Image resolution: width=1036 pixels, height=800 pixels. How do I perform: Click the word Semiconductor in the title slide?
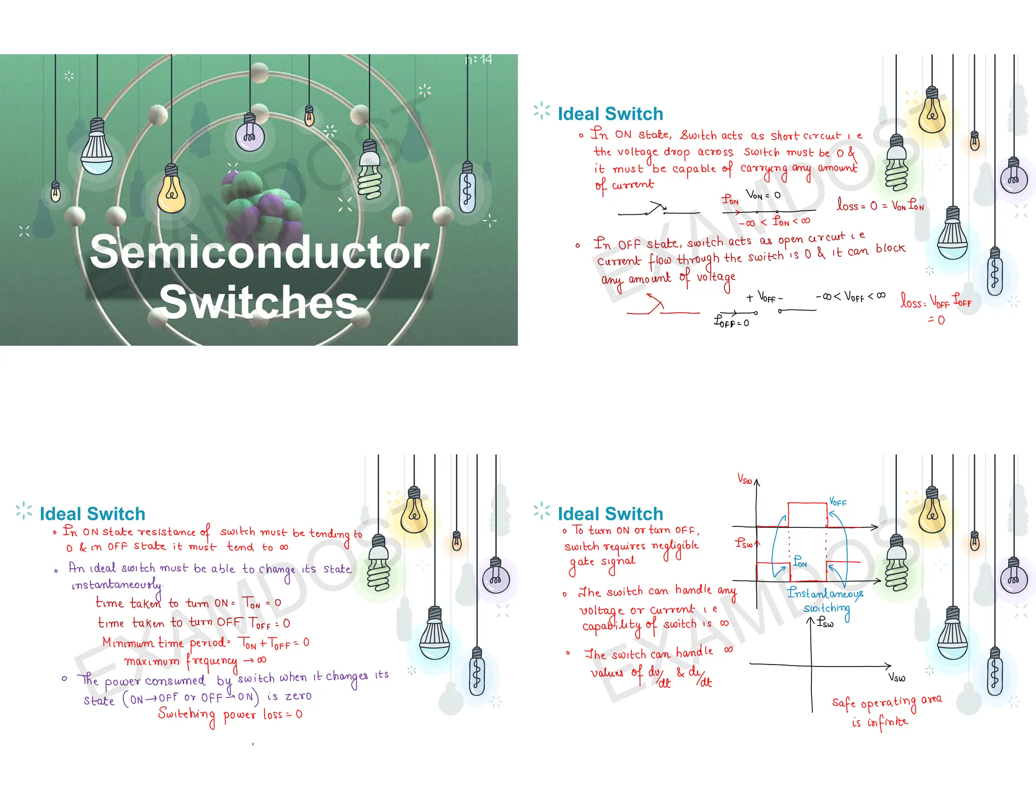(x=259, y=252)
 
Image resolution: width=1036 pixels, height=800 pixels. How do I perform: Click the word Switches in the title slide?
(x=259, y=302)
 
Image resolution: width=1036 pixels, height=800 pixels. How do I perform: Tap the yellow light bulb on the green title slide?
(x=171, y=192)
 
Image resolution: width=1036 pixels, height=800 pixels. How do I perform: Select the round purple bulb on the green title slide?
(x=249, y=135)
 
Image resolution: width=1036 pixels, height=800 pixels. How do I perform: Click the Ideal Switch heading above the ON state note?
(x=610, y=114)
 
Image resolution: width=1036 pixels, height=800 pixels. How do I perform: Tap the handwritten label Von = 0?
(x=763, y=195)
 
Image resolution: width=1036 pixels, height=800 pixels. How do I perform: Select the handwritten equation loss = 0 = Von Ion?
(x=880, y=205)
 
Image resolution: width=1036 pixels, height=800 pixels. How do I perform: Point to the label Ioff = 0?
(x=731, y=322)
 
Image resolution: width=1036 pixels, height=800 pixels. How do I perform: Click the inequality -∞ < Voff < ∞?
(x=850, y=296)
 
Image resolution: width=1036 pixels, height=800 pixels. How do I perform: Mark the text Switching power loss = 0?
(x=230, y=714)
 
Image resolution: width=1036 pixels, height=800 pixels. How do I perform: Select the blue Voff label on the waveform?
(x=838, y=502)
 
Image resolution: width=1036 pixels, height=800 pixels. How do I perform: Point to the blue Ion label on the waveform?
(x=800, y=561)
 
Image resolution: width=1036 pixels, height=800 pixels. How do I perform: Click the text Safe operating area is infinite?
(x=886, y=710)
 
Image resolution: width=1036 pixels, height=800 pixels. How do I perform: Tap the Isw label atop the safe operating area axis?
(x=825, y=622)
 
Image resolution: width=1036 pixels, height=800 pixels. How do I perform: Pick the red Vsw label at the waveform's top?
(x=745, y=479)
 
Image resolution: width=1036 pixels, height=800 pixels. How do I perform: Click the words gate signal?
(x=602, y=562)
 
